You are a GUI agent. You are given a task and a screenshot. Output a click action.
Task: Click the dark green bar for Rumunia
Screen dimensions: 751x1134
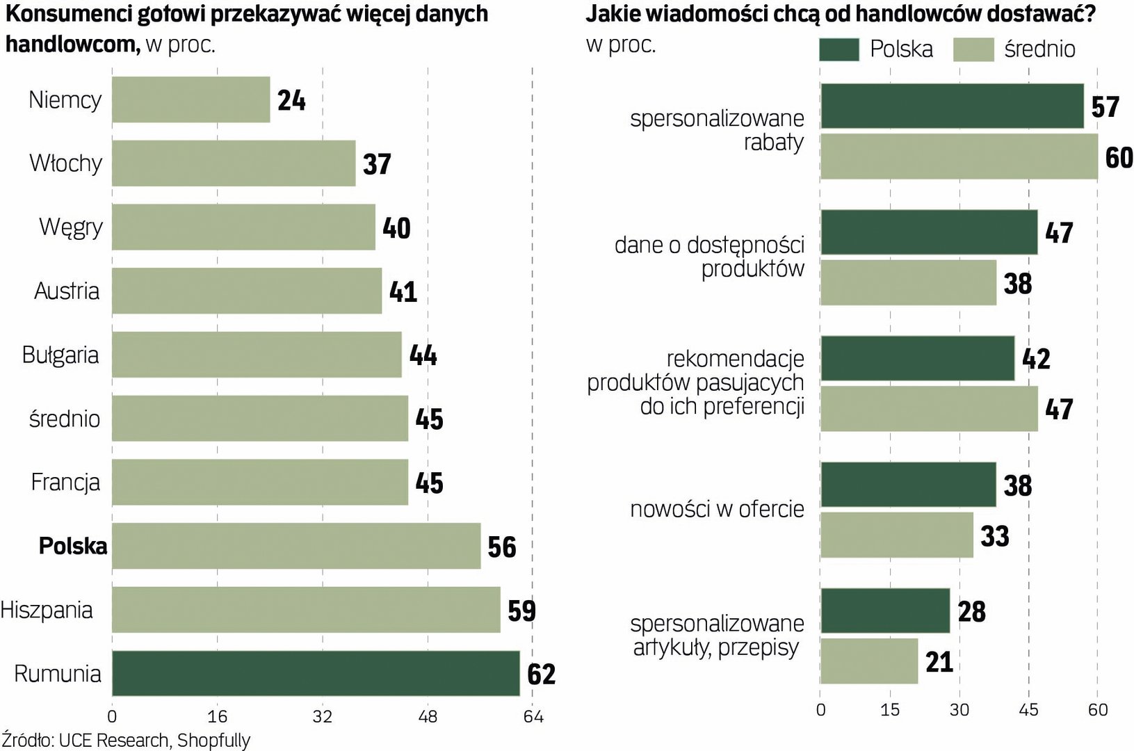coord(316,673)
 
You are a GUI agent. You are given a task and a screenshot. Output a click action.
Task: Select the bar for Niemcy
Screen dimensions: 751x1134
coord(191,99)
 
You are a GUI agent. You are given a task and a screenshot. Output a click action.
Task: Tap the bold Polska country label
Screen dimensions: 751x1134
coord(73,546)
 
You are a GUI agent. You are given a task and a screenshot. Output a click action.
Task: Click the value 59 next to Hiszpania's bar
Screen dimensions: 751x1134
coord(521,611)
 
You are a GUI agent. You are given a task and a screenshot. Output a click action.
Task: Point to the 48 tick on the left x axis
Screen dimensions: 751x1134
coord(428,716)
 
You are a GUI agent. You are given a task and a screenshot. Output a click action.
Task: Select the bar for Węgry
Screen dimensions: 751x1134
coord(243,227)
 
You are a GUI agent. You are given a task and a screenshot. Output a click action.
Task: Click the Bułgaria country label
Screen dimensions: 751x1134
coord(60,355)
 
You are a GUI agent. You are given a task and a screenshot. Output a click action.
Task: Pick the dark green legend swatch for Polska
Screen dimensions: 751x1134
coord(839,49)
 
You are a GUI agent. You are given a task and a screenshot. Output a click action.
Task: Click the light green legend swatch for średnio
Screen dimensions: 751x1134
coord(973,49)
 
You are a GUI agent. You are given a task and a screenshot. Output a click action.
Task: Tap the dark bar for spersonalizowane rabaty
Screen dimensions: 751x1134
coord(952,106)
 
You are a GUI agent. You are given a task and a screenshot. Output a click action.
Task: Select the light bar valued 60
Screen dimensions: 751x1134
coord(959,156)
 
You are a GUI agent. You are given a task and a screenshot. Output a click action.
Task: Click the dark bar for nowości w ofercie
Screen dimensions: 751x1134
coord(908,485)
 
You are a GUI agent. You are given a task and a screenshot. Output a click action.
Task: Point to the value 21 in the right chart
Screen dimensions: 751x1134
coord(939,662)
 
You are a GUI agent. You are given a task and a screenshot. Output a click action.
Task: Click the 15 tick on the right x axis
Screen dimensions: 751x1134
coord(890,710)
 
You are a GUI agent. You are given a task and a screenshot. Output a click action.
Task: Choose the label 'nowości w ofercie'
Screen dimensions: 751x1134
coord(717,509)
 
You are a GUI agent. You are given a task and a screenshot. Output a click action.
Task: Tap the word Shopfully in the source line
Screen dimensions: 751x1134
coord(213,740)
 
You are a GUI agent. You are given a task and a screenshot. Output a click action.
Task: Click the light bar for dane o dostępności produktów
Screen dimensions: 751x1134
coord(908,283)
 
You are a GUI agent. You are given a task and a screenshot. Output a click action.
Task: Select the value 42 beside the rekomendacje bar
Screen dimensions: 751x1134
coord(1036,359)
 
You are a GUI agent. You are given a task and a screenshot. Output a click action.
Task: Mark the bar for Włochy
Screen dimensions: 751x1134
coord(234,163)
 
